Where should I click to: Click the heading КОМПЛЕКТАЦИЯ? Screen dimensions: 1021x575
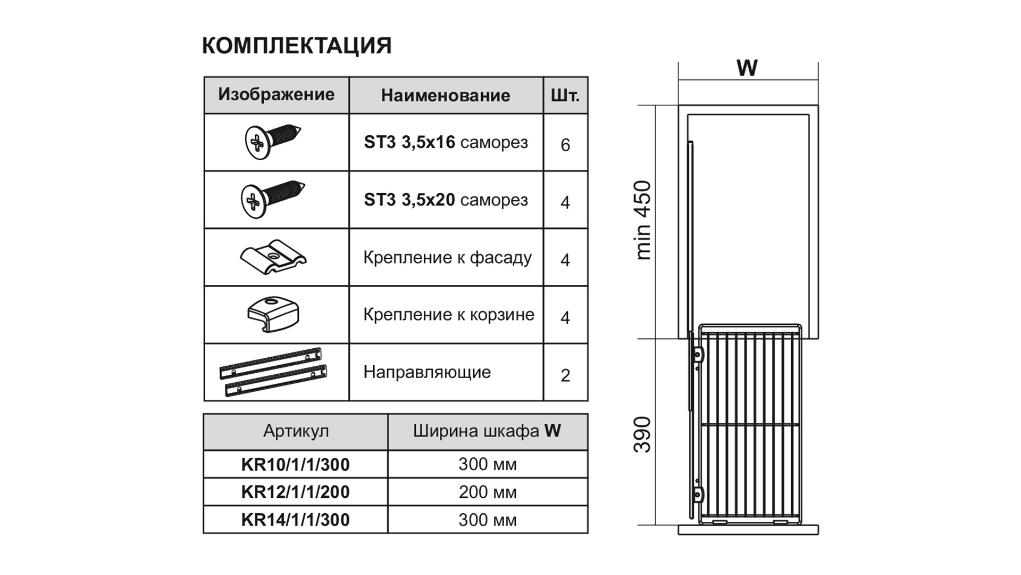tap(297, 46)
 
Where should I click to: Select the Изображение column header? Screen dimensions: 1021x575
tap(277, 95)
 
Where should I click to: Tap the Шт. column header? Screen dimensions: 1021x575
tap(565, 95)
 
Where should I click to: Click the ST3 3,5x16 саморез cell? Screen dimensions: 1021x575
tap(446, 142)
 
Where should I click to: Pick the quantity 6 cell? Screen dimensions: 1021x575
tap(565, 145)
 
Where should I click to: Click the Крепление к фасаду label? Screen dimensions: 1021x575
tap(447, 258)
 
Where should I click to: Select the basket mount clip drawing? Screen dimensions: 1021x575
tap(273, 314)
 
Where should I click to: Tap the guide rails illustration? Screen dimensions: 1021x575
tap(273, 372)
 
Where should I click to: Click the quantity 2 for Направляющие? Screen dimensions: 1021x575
tap(565, 375)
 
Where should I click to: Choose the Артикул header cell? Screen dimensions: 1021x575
tap(296, 431)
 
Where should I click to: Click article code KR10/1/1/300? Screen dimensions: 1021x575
tap(296, 464)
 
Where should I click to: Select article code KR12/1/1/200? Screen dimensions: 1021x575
tap(296, 492)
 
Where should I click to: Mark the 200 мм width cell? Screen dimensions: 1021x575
tap(488, 492)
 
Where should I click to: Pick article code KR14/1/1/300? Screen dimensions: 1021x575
tap(296, 520)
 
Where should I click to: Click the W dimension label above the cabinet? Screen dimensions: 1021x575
tap(747, 68)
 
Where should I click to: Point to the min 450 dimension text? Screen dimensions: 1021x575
tap(643, 220)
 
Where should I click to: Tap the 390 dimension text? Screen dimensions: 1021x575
tap(642, 434)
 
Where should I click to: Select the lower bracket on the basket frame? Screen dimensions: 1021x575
tap(698, 494)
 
